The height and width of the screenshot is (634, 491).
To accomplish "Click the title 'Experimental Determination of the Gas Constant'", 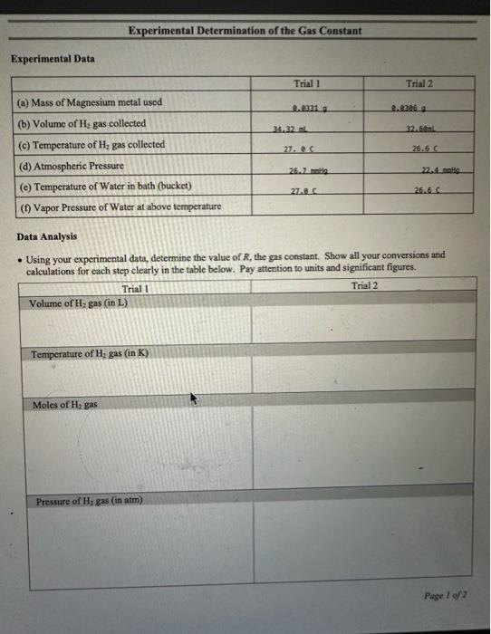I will click(x=245, y=30).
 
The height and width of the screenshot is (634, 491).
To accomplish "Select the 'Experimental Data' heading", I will click(x=53, y=59).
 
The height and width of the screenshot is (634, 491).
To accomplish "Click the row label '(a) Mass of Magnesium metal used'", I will click(x=90, y=101).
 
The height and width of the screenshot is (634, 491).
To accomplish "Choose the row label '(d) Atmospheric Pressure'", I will click(x=71, y=167).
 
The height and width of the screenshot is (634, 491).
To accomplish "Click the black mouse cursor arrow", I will click(x=192, y=398).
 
